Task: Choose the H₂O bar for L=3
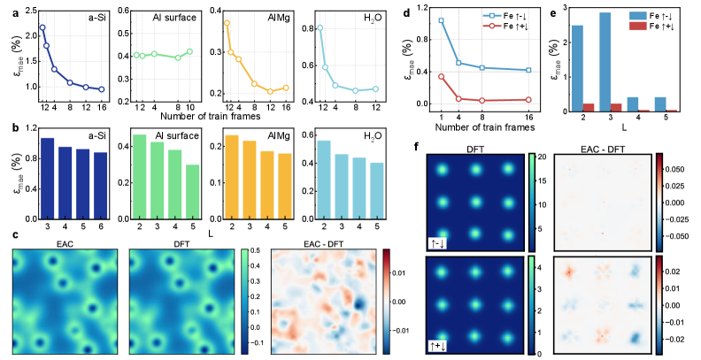click(x=340, y=178)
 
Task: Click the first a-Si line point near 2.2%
click(x=42, y=27)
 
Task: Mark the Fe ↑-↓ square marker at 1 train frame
click(x=441, y=20)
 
